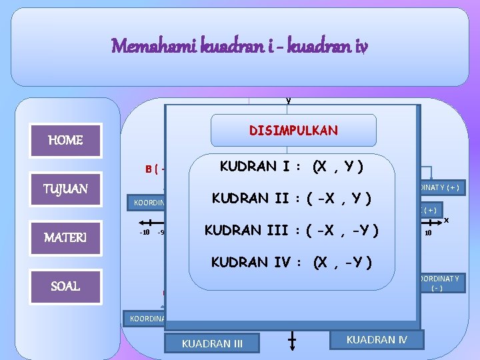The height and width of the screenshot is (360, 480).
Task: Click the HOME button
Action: pos(65,141)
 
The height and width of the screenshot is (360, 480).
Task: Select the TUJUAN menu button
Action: pos(65,190)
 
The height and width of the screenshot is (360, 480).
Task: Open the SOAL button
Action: pos(65,286)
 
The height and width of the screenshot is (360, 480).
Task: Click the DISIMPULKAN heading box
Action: pos(293,131)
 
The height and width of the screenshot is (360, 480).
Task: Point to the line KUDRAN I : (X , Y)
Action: pos(292,166)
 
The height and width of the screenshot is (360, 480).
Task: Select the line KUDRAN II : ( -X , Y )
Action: pos(291,198)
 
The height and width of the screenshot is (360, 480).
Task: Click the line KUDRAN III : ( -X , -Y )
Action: pos(291,230)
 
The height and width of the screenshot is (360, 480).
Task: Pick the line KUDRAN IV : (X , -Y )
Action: pos(291,261)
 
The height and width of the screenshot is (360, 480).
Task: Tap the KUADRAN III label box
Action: pos(212,344)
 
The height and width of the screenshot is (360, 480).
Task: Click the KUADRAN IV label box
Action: pos(377,339)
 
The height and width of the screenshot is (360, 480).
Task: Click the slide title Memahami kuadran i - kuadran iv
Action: pos(239,46)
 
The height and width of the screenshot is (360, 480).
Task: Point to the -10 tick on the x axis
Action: pos(143,233)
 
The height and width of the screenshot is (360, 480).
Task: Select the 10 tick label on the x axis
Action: pos(428,233)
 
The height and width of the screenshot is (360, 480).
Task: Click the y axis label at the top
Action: pos(288,100)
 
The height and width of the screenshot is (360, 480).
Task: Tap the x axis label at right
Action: pos(446,219)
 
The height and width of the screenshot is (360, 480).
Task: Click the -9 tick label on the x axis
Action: pos(161,233)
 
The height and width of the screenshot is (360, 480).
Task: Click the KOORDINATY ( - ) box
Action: pos(439,283)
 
